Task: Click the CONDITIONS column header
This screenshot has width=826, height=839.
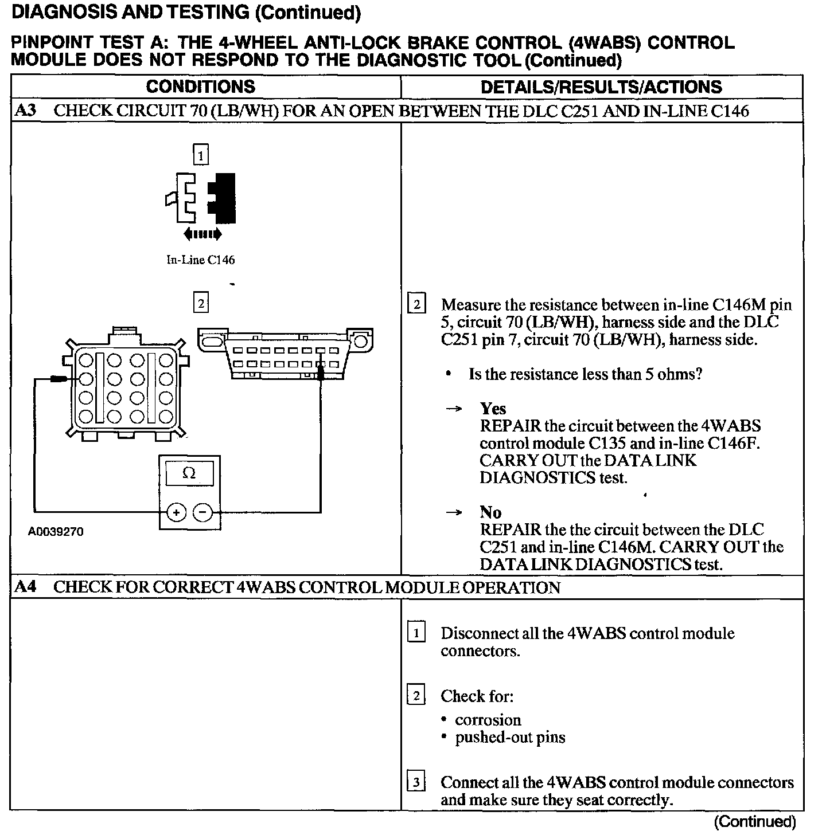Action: pyautogui.click(x=200, y=87)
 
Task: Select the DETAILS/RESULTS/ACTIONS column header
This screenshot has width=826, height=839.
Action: pyautogui.click(x=601, y=87)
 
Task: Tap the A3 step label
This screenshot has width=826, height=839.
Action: pyautogui.click(x=25, y=111)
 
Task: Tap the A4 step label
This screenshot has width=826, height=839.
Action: pyautogui.click(x=25, y=587)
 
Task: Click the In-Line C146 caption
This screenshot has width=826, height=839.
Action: pyautogui.click(x=200, y=260)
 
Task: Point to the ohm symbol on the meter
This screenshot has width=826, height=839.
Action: pyautogui.click(x=189, y=473)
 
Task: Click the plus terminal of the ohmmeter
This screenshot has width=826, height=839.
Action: pyautogui.click(x=176, y=512)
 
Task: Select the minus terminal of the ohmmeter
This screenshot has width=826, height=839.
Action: pyautogui.click(x=202, y=512)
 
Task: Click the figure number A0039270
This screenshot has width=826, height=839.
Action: pyautogui.click(x=56, y=532)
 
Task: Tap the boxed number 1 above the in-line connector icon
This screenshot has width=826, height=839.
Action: pyautogui.click(x=200, y=155)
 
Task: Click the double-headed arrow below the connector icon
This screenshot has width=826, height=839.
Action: pyautogui.click(x=202, y=234)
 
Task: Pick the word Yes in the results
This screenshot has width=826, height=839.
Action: pyautogui.click(x=493, y=409)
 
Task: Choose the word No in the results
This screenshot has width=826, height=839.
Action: pyautogui.click(x=490, y=512)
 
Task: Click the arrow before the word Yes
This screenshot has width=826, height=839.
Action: pyautogui.click(x=454, y=409)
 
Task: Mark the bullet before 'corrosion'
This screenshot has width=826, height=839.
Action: pyautogui.click(x=445, y=720)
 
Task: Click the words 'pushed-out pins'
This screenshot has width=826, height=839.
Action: pyautogui.click(x=510, y=737)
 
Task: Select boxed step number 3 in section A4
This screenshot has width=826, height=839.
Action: pyautogui.click(x=416, y=782)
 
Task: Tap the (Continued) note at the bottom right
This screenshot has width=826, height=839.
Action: pyautogui.click(x=754, y=822)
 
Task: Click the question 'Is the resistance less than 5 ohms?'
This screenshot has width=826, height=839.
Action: pyautogui.click(x=585, y=374)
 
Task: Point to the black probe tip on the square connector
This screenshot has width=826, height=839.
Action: pyautogui.click(x=58, y=379)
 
